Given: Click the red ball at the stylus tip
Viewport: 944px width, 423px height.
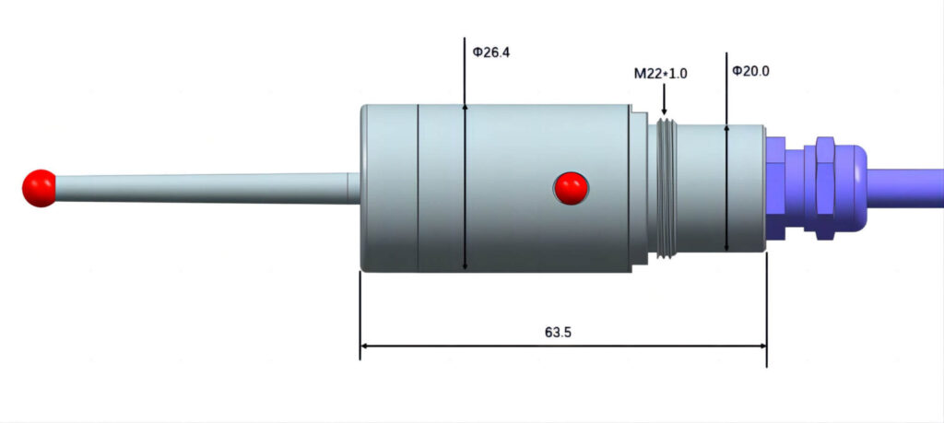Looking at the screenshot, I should pos(39,188).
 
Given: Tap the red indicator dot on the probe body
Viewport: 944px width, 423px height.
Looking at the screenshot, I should pos(571,187).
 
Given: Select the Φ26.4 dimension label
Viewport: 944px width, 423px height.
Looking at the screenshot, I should pos(490,53).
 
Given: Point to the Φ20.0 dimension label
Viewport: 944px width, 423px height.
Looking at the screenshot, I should pos(749,70).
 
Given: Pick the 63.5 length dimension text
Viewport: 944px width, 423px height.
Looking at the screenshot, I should pos(559,331).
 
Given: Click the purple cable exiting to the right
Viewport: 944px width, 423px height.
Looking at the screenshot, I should pos(908,187).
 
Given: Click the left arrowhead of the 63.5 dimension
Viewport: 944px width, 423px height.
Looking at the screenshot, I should pos(364,347).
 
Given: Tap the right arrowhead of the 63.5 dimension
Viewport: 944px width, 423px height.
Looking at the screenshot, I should pos(761,347).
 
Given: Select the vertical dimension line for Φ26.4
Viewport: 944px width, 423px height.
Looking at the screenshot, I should pos(465,184).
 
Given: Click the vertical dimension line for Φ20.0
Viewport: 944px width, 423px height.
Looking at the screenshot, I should pos(726,184).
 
